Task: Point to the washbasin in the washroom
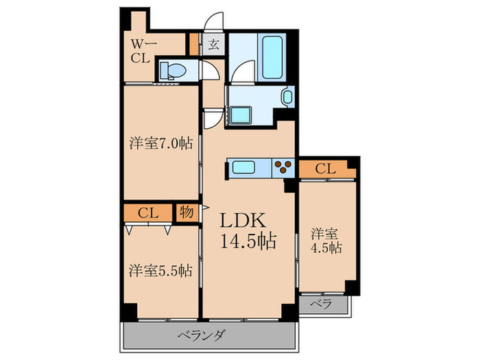(287, 97)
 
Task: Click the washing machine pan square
(241, 115)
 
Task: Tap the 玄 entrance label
(214, 45)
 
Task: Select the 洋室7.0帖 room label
(161, 143)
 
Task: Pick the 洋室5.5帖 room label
(161, 270)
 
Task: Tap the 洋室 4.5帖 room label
(326, 240)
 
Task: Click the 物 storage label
(187, 212)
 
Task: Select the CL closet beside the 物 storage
(148, 212)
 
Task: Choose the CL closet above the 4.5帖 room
(325, 168)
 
